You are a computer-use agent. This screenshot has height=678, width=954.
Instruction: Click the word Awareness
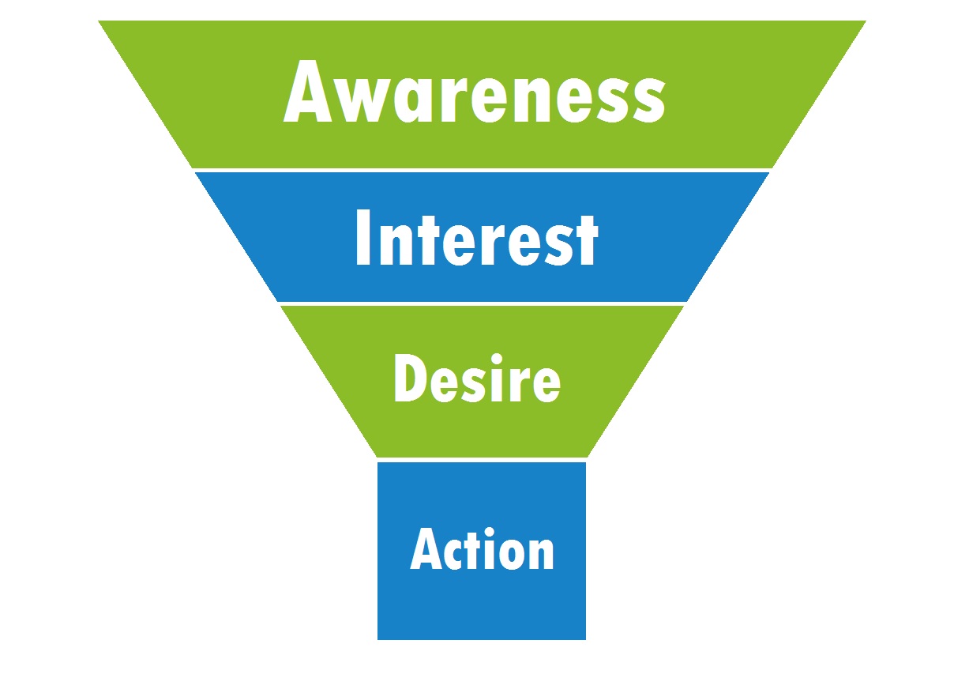pyautogui.click(x=474, y=92)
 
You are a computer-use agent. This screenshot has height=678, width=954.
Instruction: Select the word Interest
pyautogui.click(x=477, y=238)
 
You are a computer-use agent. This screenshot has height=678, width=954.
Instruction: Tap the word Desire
pyautogui.click(x=477, y=378)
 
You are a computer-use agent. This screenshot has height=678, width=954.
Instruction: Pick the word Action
pyautogui.click(x=482, y=549)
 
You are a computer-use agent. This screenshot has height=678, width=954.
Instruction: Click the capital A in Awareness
pyautogui.click(x=307, y=92)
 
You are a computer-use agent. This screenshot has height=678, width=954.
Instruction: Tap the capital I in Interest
pyautogui.click(x=362, y=238)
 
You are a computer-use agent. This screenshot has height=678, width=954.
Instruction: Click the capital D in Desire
pyautogui.click(x=411, y=378)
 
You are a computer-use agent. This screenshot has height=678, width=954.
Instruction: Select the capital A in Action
pyautogui.click(x=426, y=549)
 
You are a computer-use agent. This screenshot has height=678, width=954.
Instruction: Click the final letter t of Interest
pyautogui.click(x=587, y=241)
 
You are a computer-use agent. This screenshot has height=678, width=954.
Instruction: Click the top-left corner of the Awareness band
pyautogui.click(x=99, y=21)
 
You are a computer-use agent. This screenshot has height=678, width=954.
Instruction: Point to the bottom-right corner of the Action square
pyautogui.click(x=586, y=639)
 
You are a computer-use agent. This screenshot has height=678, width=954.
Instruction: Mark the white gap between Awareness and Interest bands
pyautogui.click(x=482, y=171)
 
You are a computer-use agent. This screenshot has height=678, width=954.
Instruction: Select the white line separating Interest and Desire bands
pyautogui.click(x=482, y=303)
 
